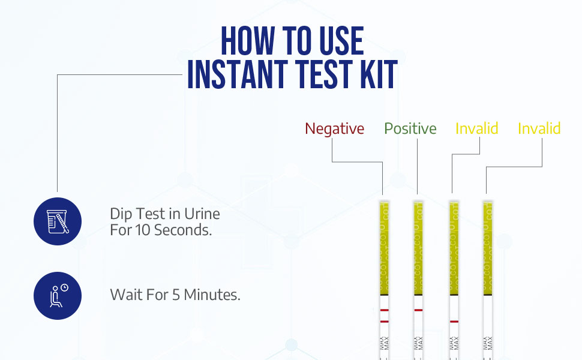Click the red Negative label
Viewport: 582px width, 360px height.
(334, 129)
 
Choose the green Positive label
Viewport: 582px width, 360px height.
(410, 129)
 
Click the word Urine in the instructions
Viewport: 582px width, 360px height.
(200, 214)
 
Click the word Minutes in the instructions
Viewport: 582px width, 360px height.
(212, 295)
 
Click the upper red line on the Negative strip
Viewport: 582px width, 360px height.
(384, 310)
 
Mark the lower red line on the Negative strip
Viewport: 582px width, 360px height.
(384, 322)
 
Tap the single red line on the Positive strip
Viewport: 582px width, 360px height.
(418, 310)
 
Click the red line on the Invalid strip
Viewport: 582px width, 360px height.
(454, 322)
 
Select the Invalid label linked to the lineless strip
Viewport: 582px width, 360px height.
(539, 129)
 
